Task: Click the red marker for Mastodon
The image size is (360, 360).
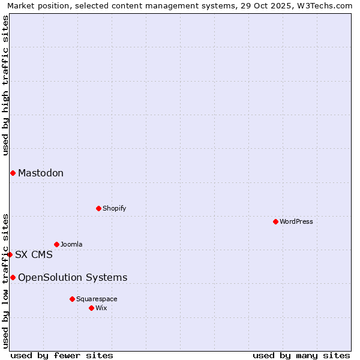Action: pos(13,173)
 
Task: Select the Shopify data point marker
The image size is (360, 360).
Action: pos(98,208)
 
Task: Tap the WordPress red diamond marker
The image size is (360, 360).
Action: pos(275,221)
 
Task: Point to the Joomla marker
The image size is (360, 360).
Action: pos(56,244)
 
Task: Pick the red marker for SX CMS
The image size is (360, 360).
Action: pos(10,254)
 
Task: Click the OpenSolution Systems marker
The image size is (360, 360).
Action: pos(13,277)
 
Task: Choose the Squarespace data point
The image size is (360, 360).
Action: pos(72,299)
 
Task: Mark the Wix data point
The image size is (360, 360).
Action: pos(91,308)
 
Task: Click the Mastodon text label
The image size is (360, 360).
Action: pos(41,173)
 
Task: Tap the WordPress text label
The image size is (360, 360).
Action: pos(296,221)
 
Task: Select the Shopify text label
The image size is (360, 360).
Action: pos(115,208)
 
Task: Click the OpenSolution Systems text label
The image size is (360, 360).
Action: pos(73,277)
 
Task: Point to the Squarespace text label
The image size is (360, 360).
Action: pos(97,299)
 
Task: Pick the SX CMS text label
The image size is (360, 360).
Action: pos(34,254)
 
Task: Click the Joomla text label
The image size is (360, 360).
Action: pos(71,244)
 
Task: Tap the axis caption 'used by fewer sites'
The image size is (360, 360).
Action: pos(62,355)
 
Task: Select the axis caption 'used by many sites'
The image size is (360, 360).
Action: pos(301,355)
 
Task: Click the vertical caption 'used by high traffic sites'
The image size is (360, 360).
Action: pos(5,85)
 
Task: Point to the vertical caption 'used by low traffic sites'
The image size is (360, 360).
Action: pos(5,280)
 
